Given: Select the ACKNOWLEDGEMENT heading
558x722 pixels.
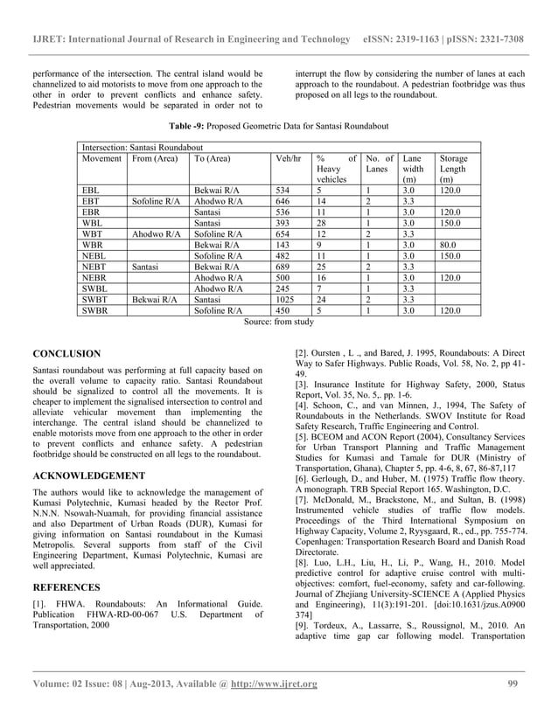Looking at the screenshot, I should [88, 476].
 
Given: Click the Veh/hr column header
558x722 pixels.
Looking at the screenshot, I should [288, 160].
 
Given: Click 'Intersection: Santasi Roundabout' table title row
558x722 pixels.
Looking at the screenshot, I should [143, 148].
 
